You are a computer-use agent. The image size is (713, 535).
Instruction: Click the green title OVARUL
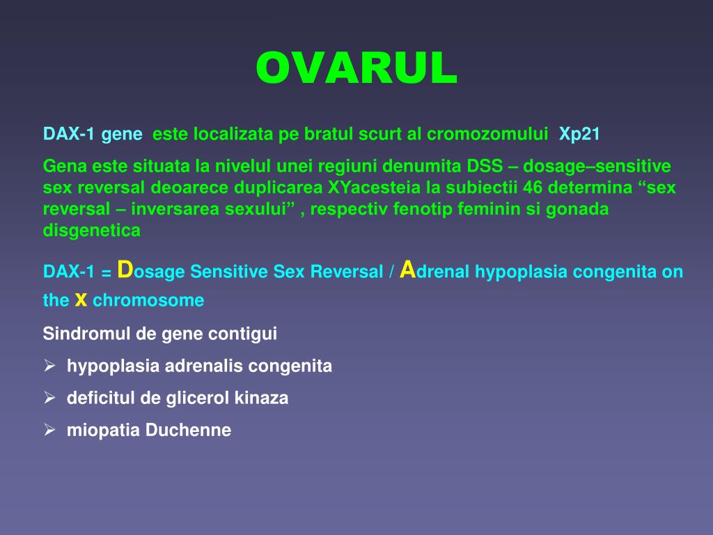pos(356,68)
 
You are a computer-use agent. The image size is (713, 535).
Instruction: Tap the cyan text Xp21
pos(579,134)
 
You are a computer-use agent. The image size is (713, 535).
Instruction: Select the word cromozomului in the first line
pos(487,134)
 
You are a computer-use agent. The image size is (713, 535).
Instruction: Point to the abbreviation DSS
pos(485,166)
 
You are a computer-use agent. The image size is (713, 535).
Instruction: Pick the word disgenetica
pos(91,231)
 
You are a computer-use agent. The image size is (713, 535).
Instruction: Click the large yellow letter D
pos(125,270)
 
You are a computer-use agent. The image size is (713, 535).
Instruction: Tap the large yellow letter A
pos(408,270)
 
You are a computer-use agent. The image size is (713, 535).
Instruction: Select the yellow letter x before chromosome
pos(81,300)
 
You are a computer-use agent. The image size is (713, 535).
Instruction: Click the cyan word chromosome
pos(148,300)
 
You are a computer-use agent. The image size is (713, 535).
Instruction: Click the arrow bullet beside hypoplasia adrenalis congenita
pos(49,365)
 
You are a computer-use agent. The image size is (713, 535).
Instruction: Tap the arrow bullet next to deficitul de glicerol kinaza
pos(49,398)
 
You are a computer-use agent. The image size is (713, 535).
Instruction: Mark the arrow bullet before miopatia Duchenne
pos(49,429)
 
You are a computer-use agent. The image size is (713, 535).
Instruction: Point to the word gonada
pos(577,209)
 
